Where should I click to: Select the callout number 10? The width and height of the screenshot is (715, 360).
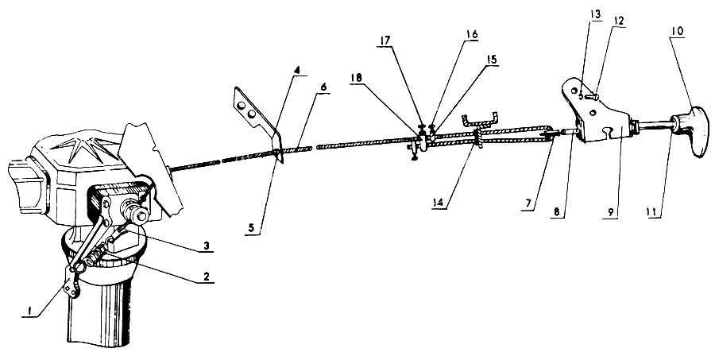click(x=677, y=31)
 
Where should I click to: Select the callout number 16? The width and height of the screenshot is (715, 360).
click(x=471, y=36)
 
